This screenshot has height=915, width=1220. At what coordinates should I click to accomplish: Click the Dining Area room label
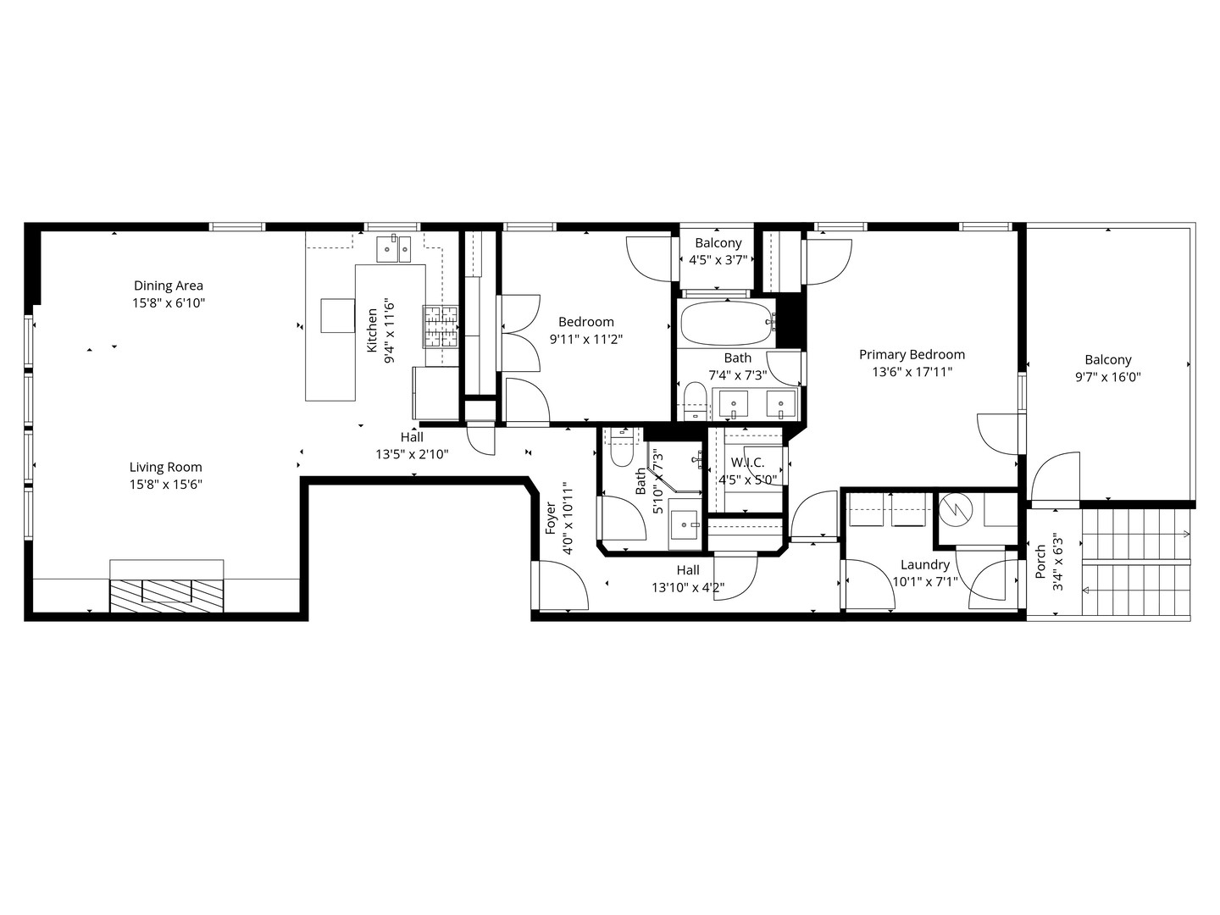pos(169,286)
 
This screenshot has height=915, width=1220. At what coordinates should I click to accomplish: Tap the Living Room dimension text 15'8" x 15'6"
pos(166,485)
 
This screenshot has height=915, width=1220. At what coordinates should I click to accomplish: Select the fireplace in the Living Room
pos(167,590)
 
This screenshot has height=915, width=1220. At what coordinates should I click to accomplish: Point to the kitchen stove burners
pos(441,326)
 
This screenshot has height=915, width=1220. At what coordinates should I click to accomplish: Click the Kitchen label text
pos(372,330)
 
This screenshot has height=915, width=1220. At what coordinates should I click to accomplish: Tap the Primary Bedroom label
pos(912,355)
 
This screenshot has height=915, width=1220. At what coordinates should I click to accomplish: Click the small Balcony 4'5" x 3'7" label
pos(718,244)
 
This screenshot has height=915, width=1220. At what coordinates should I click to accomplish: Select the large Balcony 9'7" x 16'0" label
pos(1107,360)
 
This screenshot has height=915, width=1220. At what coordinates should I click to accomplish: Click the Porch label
pos(1040,563)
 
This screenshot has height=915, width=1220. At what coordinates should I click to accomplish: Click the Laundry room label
pos(924,565)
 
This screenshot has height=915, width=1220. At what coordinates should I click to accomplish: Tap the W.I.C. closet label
pos(747,463)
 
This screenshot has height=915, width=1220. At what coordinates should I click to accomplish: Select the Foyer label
pos(551,518)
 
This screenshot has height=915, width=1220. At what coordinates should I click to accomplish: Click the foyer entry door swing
pos(563,586)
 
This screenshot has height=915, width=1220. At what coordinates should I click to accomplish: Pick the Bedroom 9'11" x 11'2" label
pos(586,322)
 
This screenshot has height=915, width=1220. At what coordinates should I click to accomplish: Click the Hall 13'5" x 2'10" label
pos(412,438)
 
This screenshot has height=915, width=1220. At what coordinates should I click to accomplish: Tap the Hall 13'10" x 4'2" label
pos(688,571)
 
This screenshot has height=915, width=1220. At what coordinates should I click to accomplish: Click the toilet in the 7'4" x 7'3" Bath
pos(694,402)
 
